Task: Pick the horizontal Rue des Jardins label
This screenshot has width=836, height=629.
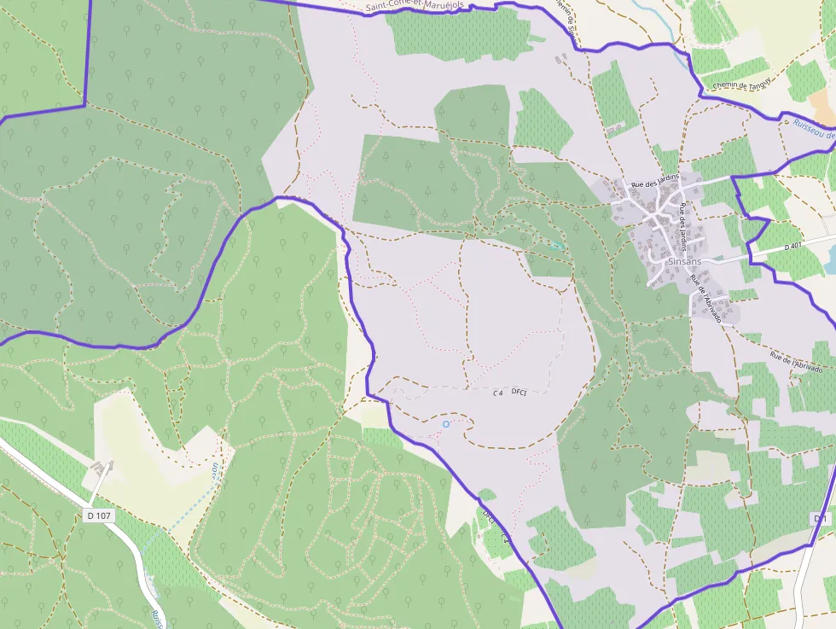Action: (x=655, y=180)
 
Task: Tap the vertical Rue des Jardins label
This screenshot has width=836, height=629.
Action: (x=683, y=226)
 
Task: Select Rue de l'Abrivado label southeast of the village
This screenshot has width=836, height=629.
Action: (x=796, y=362)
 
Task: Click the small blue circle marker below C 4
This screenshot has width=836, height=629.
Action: (x=446, y=423)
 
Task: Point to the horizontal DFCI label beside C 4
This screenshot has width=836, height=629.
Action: (x=520, y=392)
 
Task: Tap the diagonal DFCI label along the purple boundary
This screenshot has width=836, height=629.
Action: (x=489, y=517)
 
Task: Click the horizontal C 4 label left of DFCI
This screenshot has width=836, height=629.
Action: (x=497, y=393)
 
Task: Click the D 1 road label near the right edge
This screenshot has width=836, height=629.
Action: (x=820, y=518)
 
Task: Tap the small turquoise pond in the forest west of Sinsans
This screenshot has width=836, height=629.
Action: (x=557, y=246)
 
